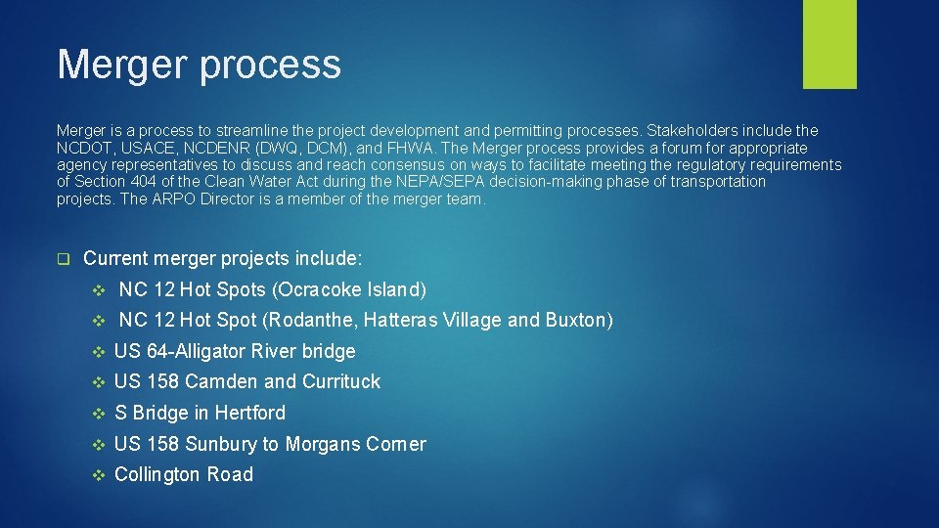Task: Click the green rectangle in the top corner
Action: (x=829, y=43)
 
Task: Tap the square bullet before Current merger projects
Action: (x=64, y=259)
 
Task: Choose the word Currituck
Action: (x=341, y=381)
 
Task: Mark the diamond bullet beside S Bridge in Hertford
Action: (x=97, y=413)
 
